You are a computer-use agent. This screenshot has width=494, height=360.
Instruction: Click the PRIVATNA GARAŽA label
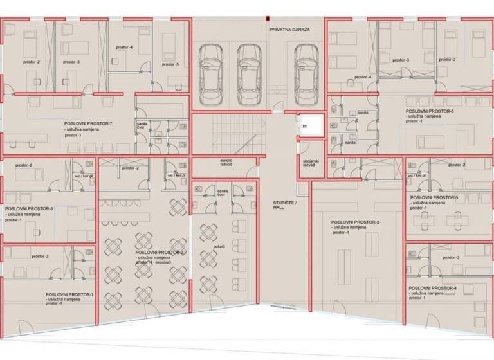tap(289, 30)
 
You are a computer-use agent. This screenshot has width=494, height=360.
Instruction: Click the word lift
tap(306, 127)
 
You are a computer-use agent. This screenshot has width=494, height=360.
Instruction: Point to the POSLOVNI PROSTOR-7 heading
tap(88, 123)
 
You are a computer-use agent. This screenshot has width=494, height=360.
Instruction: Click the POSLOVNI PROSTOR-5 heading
tap(434, 197)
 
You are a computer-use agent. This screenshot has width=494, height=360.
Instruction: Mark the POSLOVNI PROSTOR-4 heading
tap(432, 288)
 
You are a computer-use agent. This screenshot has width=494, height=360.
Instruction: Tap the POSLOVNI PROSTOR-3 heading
tap(356, 222)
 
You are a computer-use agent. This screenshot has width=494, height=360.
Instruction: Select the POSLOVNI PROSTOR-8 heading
tap(29, 209)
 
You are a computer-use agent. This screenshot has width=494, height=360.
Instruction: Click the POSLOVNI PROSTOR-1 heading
tap(69, 294)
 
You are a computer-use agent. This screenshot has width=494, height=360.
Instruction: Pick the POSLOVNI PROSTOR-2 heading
tap(160, 253)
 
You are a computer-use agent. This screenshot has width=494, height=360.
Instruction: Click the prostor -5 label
tap(170, 64)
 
